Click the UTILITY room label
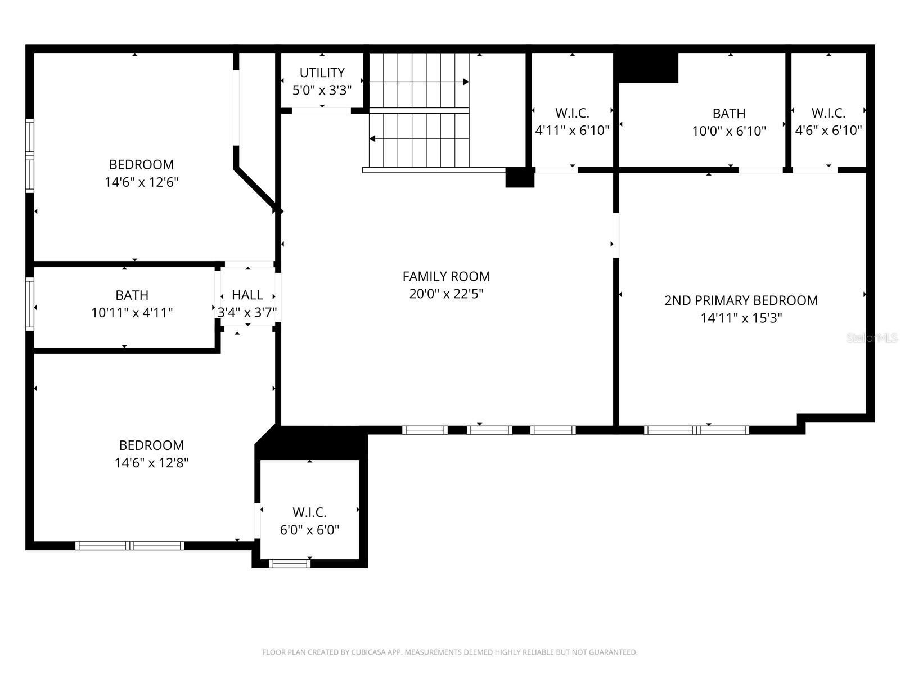[x=322, y=73]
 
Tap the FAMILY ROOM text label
[x=446, y=276]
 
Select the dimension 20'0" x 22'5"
[x=446, y=294]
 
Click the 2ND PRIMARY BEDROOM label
[x=741, y=300]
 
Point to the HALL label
[x=247, y=295]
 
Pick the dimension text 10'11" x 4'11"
[x=132, y=313]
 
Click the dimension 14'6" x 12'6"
[x=141, y=182]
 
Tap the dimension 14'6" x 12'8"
[x=151, y=463]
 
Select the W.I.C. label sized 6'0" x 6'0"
[x=309, y=512]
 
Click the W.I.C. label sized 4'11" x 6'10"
[x=572, y=113]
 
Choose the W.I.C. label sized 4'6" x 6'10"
[x=828, y=113]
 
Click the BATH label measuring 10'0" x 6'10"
[x=729, y=114]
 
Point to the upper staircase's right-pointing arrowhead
[x=466, y=82]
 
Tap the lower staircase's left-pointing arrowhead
[x=372, y=138]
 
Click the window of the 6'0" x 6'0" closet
[x=290, y=563]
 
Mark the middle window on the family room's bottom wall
[x=489, y=430]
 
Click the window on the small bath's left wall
[x=30, y=304]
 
